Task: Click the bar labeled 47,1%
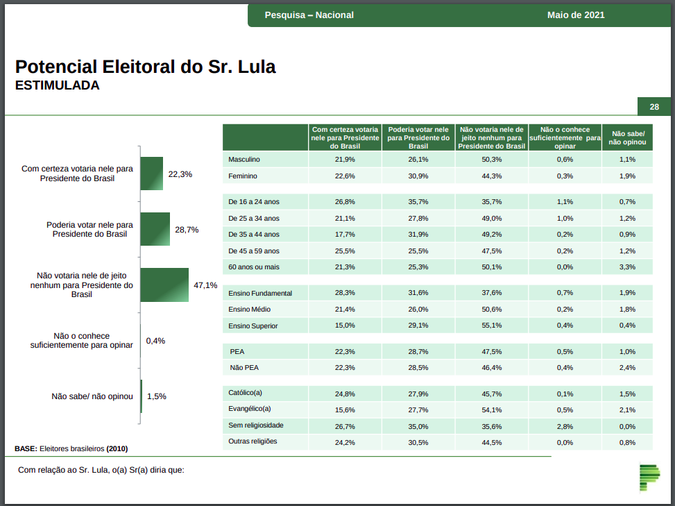pos(164,285)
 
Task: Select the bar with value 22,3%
pos(151,174)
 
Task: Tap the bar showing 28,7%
pos(155,229)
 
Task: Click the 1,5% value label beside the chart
pos(156,396)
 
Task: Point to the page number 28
pos(654,107)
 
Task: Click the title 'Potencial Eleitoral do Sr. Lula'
pos(146,67)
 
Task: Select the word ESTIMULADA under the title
pos(57,86)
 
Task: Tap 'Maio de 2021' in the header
pos(576,15)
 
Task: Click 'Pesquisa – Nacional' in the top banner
pos(309,15)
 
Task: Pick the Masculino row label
pos(244,160)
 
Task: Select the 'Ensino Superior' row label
pos(254,326)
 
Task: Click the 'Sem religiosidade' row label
pos(256,425)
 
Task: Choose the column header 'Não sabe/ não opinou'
pos(627,137)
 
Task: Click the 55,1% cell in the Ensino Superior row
pos(491,326)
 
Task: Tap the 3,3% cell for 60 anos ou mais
pos(627,267)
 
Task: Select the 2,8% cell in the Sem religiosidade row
pos(565,425)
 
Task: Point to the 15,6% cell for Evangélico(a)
pos(345,410)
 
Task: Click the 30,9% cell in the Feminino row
pos(418,176)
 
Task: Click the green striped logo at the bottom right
pos(649,476)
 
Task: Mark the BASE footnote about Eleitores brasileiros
pos(71,448)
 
